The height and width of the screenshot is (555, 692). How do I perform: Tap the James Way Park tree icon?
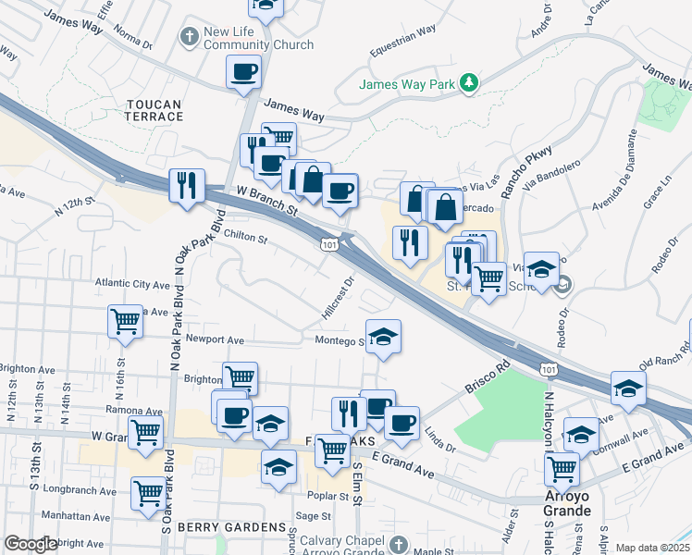(470, 84)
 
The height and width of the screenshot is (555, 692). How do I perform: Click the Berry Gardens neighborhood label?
(235, 527)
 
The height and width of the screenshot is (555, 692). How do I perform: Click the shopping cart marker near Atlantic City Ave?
(126, 321)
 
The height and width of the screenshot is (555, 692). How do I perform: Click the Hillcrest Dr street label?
(339, 296)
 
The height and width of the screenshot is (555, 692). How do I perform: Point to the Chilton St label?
(245, 239)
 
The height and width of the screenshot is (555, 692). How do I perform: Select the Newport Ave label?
(215, 339)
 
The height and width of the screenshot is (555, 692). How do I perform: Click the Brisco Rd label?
(488, 378)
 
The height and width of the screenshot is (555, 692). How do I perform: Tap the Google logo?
(31, 544)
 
